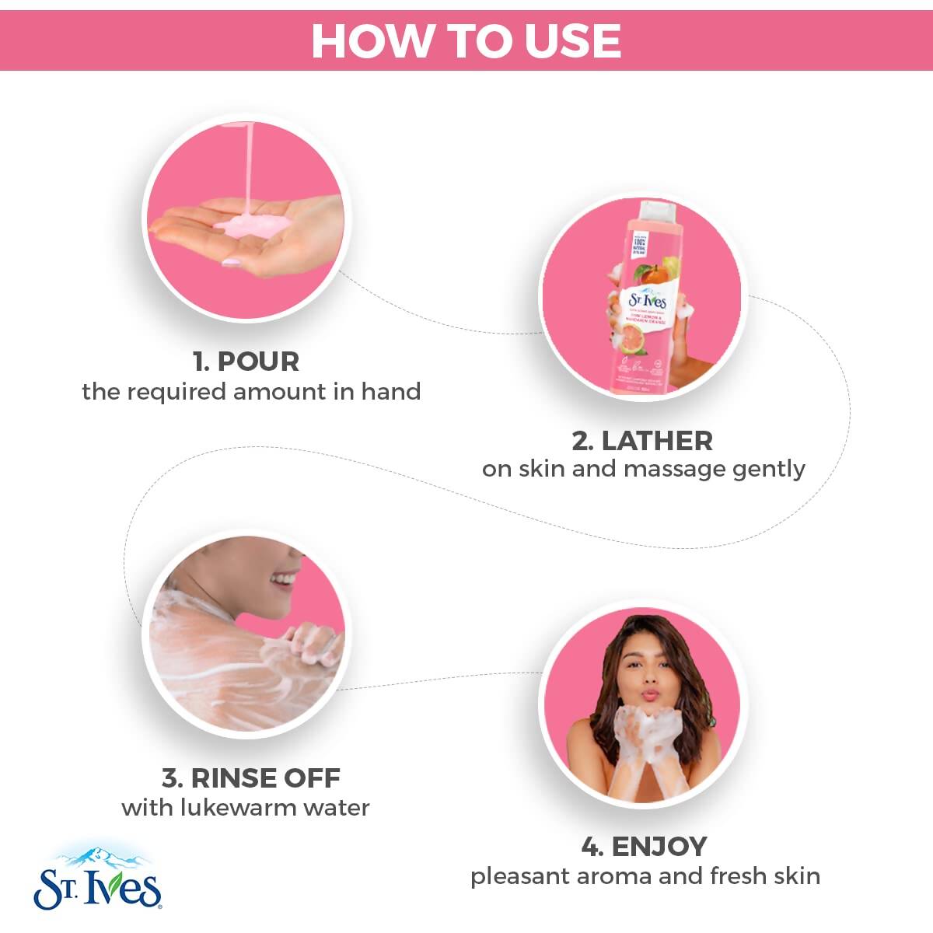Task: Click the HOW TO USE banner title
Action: pos(466,40)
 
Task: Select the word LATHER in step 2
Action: pos(656,441)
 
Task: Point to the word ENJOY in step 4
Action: pos(659,846)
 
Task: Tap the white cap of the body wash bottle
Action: pos(658,211)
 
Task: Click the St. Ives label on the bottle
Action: pos(647,300)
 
